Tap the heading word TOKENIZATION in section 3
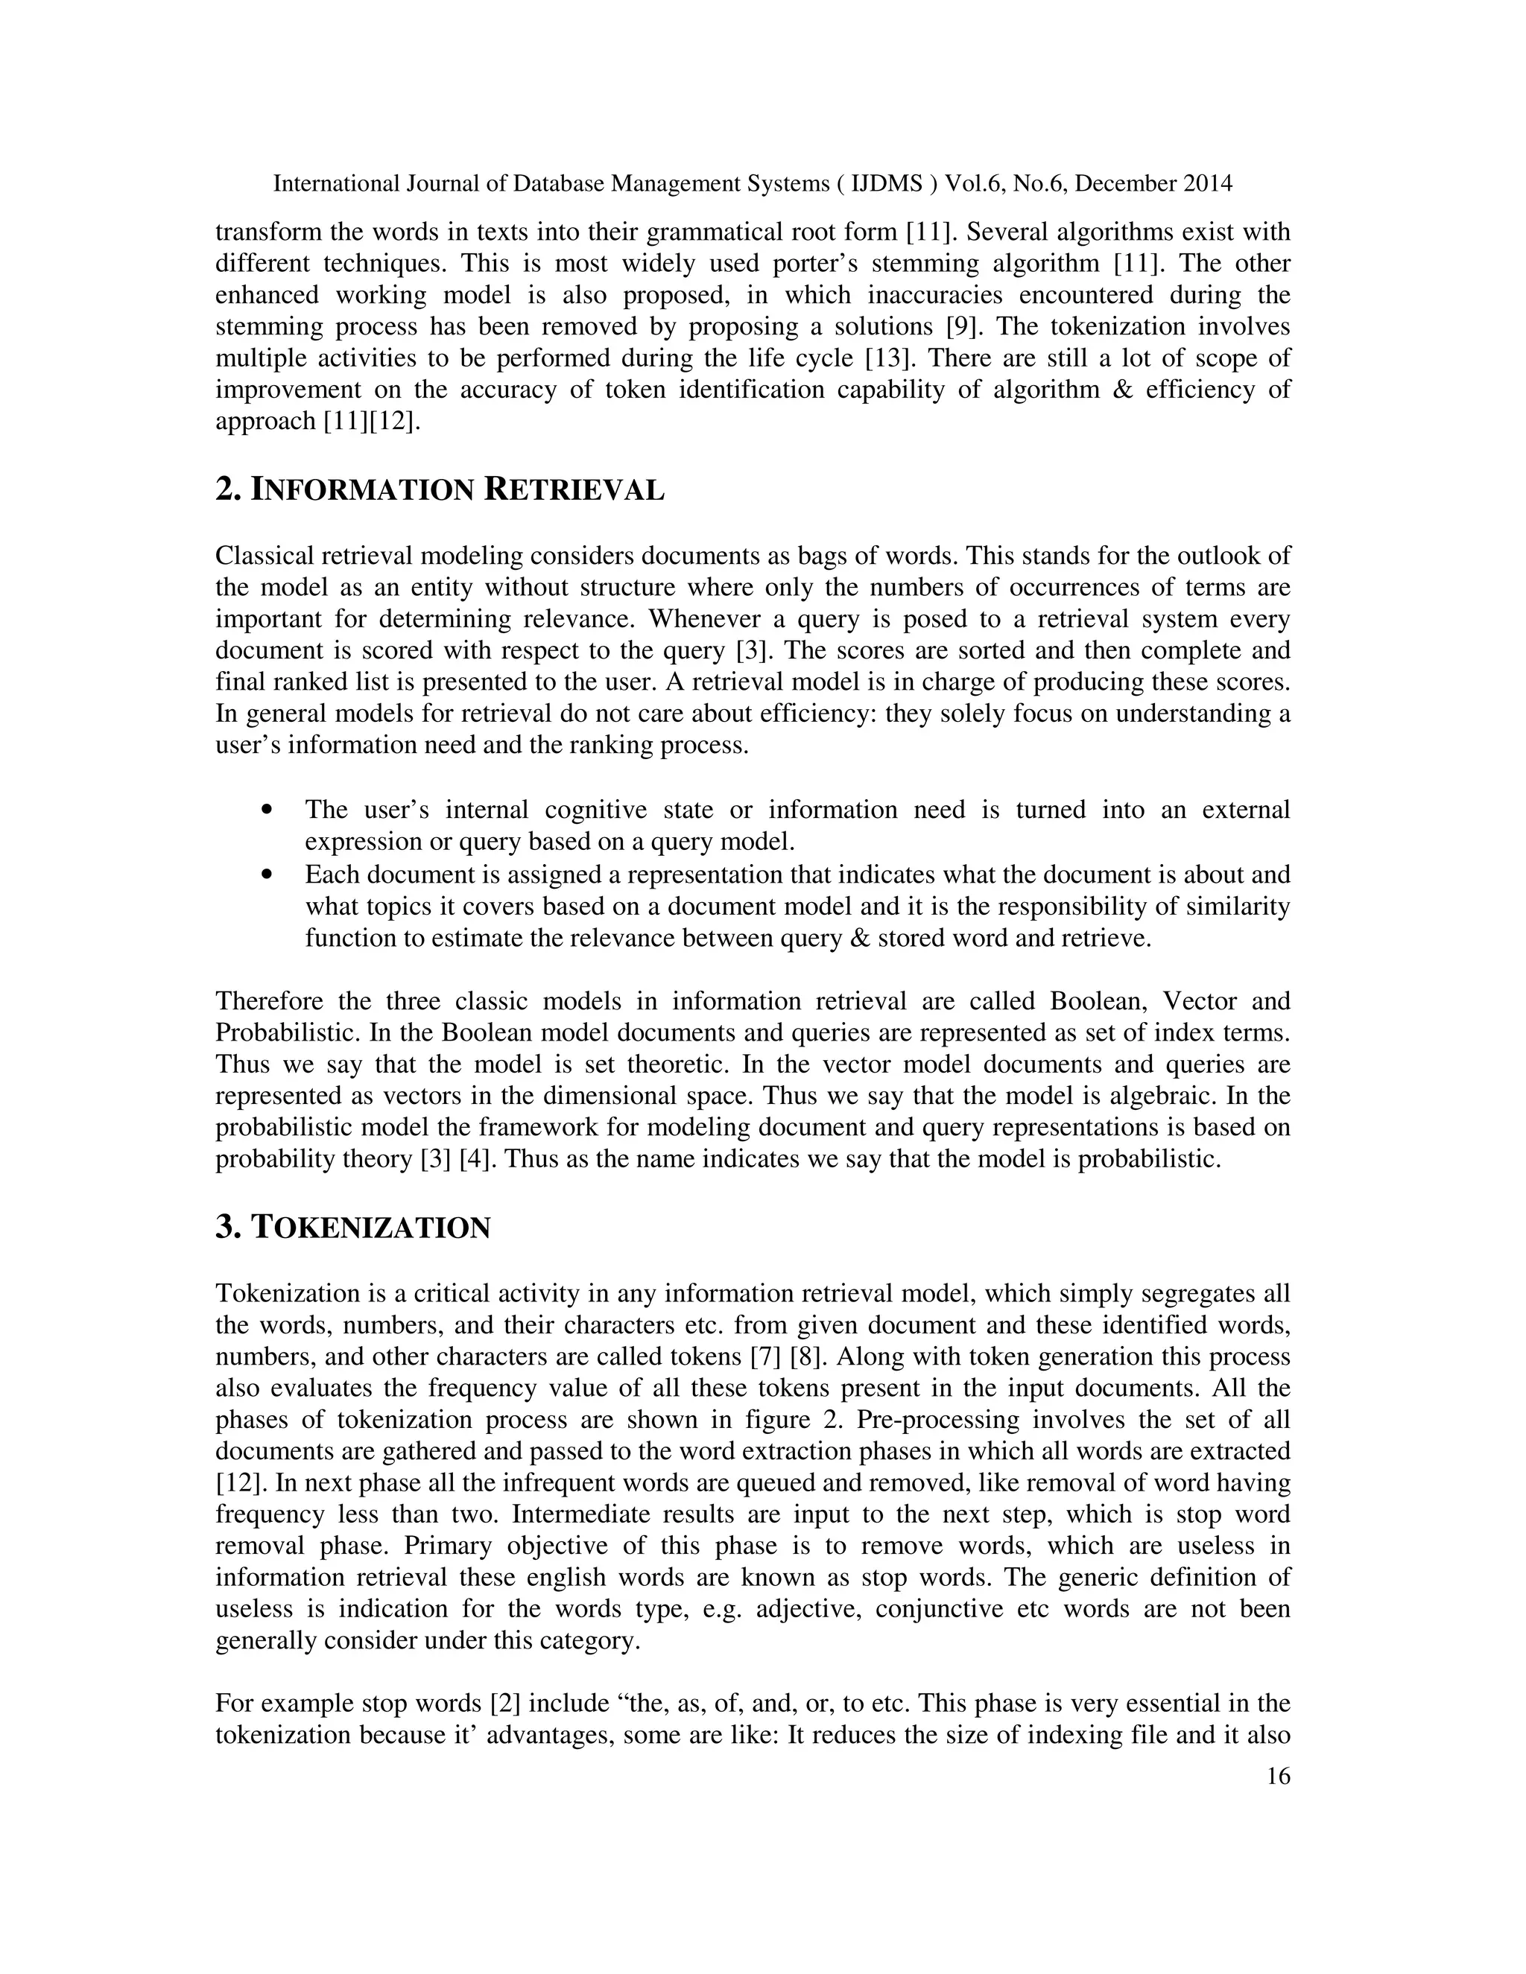pos(370,1228)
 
